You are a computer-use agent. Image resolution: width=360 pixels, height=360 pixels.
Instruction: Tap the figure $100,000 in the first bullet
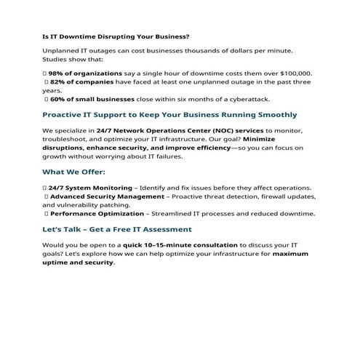[295, 73]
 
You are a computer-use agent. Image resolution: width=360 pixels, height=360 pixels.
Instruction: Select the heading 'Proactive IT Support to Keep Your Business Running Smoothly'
[169, 115]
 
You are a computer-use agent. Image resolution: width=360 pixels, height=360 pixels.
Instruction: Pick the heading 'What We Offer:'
[73, 172]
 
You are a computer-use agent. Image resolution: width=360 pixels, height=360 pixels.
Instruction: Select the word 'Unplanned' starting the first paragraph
[60, 49]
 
